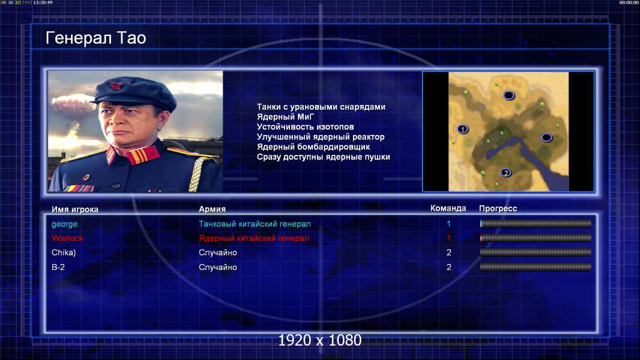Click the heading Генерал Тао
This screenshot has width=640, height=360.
coord(96,38)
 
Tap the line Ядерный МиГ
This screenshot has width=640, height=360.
coord(285,117)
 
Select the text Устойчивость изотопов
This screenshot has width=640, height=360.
coord(306,127)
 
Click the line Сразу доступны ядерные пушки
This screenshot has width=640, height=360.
coord(323,157)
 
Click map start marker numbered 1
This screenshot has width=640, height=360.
coord(462,129)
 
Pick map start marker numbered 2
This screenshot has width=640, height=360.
coord(506,173)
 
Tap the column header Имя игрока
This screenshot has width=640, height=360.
coord(74,209)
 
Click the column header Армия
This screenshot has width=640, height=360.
coord(213,209)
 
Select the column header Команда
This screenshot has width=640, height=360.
coord(448,208)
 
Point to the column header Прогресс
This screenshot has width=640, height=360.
coord(498,209)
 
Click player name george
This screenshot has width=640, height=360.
coord(64,224)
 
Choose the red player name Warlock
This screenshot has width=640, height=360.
coord(67,238)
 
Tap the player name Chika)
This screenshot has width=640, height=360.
coord(64,253)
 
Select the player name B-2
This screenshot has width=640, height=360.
coord(58,268)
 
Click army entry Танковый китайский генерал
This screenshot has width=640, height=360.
coord(255,224)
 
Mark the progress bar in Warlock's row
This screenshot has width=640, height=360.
coord(536,238)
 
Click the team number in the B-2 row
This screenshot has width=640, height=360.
coord(449,268)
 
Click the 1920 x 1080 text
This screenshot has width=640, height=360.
coord(320,340)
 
